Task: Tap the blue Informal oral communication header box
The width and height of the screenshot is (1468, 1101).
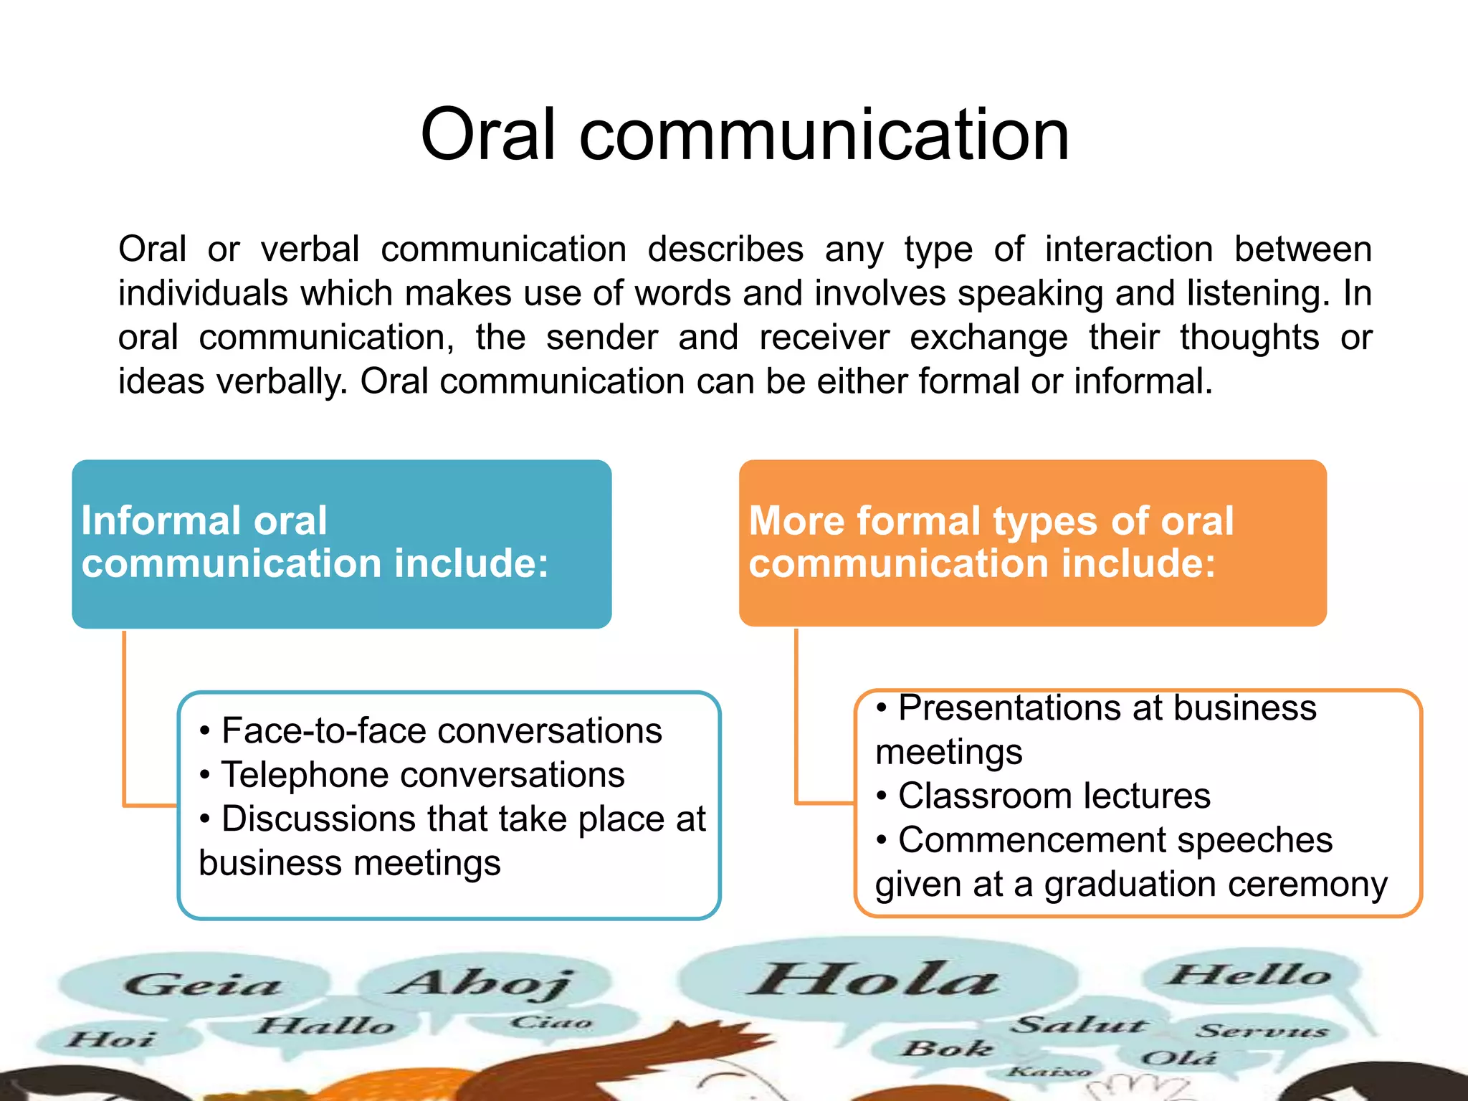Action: [341, 543]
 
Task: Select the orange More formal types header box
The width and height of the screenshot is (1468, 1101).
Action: [1032, 543]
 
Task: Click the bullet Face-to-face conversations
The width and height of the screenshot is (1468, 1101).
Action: [441, 731]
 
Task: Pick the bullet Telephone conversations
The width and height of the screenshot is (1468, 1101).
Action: [422, 775]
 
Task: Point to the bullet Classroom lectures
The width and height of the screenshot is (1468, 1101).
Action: [1054, 796]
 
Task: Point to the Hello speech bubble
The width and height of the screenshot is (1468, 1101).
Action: [1249, 975]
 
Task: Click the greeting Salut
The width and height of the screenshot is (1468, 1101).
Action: [1079, 1025]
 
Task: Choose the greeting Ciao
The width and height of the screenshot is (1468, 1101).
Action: [551, 1022]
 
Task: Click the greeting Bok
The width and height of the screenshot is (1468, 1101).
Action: [947, 1049]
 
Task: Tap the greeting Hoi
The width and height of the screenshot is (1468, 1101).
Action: [111, 1039]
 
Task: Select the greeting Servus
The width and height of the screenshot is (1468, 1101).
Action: [1262, 1031]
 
